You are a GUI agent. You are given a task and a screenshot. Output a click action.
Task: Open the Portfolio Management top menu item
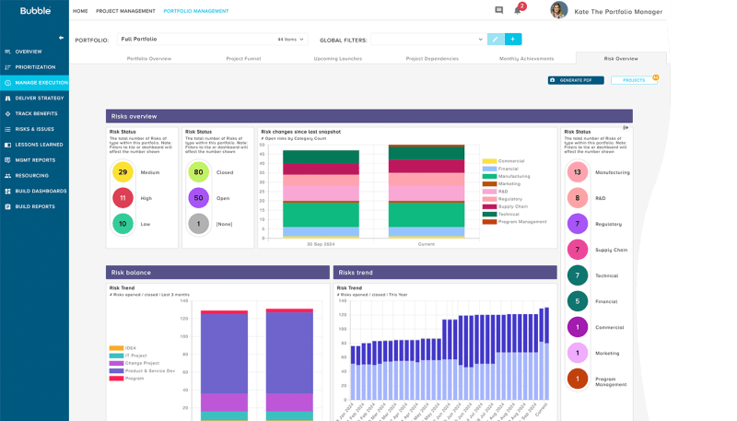[x=195, y=11]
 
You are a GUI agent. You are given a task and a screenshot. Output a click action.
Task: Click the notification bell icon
[x=518, y=11]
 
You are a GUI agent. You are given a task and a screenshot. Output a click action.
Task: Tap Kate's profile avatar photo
[x=558, y=10]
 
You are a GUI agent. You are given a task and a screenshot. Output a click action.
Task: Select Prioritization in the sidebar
[x=35, y=67]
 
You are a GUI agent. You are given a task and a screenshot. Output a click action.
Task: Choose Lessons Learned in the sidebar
[x=39, y=145]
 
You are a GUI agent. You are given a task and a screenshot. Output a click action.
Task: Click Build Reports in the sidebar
[x=35, y=206]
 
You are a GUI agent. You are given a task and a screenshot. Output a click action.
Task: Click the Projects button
[x=634, y=80]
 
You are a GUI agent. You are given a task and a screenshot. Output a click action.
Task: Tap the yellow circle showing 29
[x=123, y=172]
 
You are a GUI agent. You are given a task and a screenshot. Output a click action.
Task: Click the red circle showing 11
[x=123, y=197]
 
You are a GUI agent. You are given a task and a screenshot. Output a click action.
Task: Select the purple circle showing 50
[x=197, y=197]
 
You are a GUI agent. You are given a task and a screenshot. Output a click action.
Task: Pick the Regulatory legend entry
[x=511, y=199]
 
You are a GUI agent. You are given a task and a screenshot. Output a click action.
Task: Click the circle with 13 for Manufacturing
[x=577, y=172]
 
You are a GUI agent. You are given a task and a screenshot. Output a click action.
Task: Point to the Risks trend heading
[x=356, y=273]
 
